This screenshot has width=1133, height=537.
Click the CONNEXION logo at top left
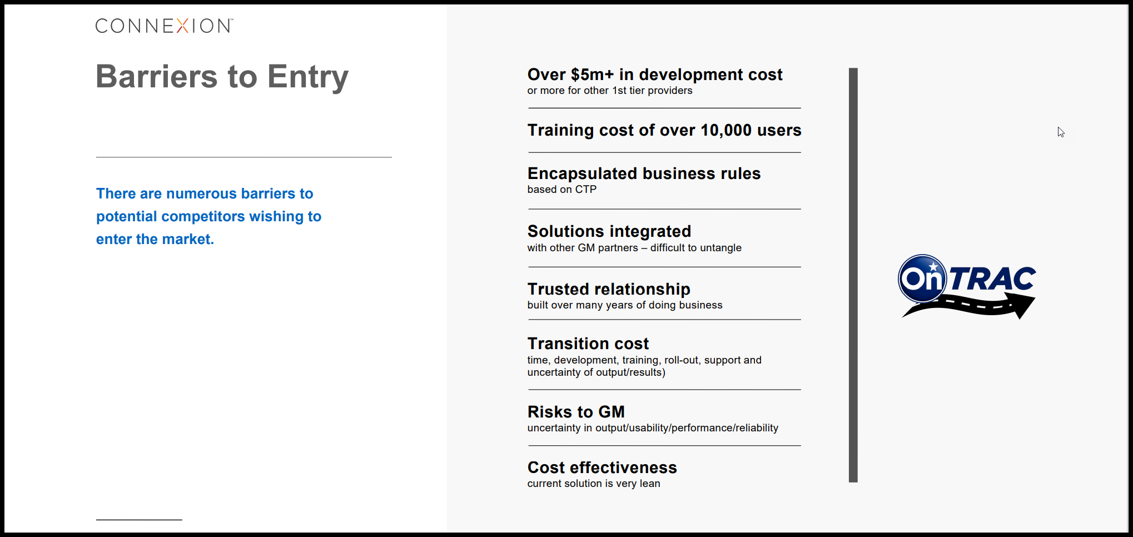click(164, 26)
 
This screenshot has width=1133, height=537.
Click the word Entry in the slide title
click(308, 77)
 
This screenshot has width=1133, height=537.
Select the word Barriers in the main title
click(157, 76)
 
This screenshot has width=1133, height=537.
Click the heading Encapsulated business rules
click(644, 173)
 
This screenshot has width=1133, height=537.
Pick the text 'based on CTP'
click(561, 190)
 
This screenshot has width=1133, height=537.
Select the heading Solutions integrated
click(609, 231)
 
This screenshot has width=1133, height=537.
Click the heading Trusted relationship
click(609, 289)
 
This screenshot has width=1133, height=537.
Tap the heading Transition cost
click(588, 344)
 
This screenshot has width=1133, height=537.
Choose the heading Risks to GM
click(576, 412)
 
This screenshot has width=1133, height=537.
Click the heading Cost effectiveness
click(602, 468)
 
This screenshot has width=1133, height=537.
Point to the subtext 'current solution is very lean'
click(594, 484)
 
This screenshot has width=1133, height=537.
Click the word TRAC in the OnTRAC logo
click(992, 279)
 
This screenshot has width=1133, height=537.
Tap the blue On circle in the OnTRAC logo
click(922, 278)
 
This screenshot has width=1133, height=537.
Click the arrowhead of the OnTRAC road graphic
click(1023, 305)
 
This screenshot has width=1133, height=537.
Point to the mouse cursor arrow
click(1061, 132)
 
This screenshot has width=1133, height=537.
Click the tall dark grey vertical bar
click(853, 275)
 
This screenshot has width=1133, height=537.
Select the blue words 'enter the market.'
click(155, 240)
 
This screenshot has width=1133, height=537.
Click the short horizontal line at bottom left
click(139, 520)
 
